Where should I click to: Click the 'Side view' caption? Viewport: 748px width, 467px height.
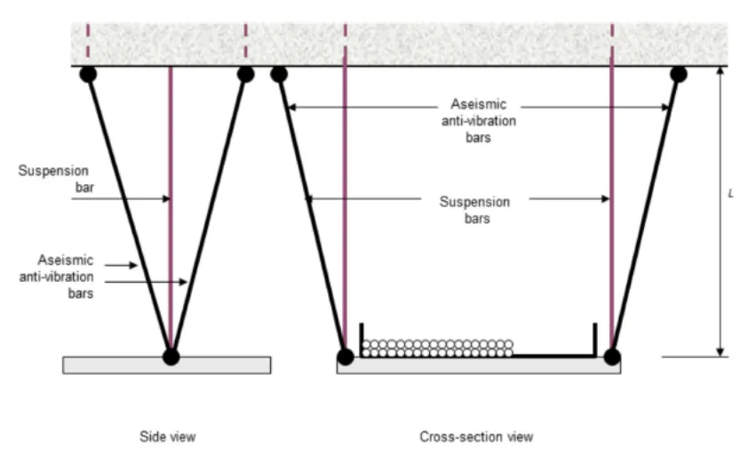click(167, 437)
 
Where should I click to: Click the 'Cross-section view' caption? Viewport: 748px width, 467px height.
click(476, 437)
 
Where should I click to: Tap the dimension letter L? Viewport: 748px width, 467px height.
click(730, 193)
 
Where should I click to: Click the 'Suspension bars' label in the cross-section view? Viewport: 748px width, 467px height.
click(475, 210)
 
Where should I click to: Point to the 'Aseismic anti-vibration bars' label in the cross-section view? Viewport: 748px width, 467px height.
click(479, 121)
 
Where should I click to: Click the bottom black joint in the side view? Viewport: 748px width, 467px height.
click(171, 357)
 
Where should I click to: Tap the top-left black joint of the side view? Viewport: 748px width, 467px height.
click(88, 74)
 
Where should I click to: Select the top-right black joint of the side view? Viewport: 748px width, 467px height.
click(245, 74)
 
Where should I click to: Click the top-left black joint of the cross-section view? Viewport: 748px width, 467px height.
click(279, 74)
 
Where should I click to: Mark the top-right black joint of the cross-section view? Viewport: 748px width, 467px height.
click(678, 74)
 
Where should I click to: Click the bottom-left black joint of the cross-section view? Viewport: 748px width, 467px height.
click(345, 357)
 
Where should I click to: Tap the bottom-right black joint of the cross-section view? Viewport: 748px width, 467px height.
click(611, 357)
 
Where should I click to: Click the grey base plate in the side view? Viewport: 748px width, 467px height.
click(107, 365)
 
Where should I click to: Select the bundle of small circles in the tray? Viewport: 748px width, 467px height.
click(437, 348)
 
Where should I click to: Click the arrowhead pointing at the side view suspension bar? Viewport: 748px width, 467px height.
click(165, 198)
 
